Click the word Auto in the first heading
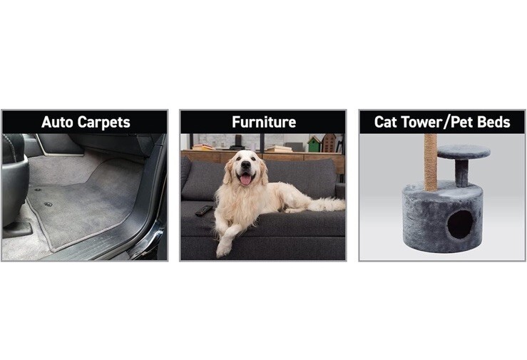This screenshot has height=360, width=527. tap(58, 122)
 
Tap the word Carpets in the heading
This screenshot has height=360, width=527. tap(104, 123)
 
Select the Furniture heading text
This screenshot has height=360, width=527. tap(264, 122)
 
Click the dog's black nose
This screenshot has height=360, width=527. tap(246, 165)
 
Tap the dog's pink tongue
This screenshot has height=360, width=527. tap(245, 180)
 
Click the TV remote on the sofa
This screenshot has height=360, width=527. tap(204, 210)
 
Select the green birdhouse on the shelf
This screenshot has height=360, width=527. tap(314, 144)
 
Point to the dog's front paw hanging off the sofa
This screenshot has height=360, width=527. tap(222, 249)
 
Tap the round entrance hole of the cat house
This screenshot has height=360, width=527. tap(460, 225)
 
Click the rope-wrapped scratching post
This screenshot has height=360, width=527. tap(431, 163)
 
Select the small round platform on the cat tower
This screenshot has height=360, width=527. tap(464, 152)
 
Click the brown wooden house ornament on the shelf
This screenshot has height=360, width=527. tap(329, 143)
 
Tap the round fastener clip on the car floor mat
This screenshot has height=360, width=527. tap(48, 204)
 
